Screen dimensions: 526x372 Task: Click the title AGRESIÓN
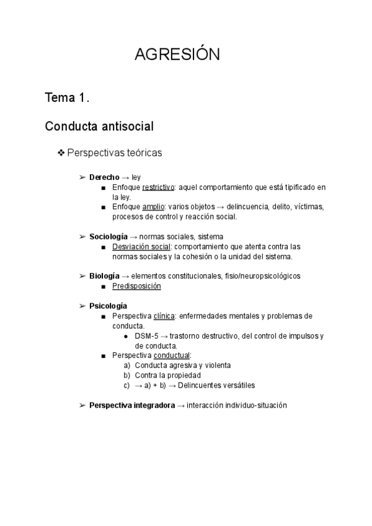click(x=177, y=55)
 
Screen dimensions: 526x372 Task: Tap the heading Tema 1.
click(x=68, y=97)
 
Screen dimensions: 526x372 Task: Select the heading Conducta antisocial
click(x=99, y=127)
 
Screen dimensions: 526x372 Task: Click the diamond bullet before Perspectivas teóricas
click(x=61, y=153)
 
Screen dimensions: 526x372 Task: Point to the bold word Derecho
click(x=104, y=177)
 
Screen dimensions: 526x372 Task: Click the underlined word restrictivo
click(x=158, y=187)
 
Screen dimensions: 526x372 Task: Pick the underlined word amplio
click(x=153, y=207)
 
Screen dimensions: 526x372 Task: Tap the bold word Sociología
click(x=108, y=236)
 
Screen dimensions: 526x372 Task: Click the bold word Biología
click(x=105, y=275)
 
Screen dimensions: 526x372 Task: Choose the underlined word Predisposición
click(x=136, y=286)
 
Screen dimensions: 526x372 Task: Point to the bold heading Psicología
click(x=108, y=306)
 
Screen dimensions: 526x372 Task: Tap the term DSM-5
click(x=146, y=336)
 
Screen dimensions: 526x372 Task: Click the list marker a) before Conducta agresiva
click(x=127, y=365)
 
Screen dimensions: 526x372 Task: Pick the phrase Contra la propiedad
click(x=166, y=375)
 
